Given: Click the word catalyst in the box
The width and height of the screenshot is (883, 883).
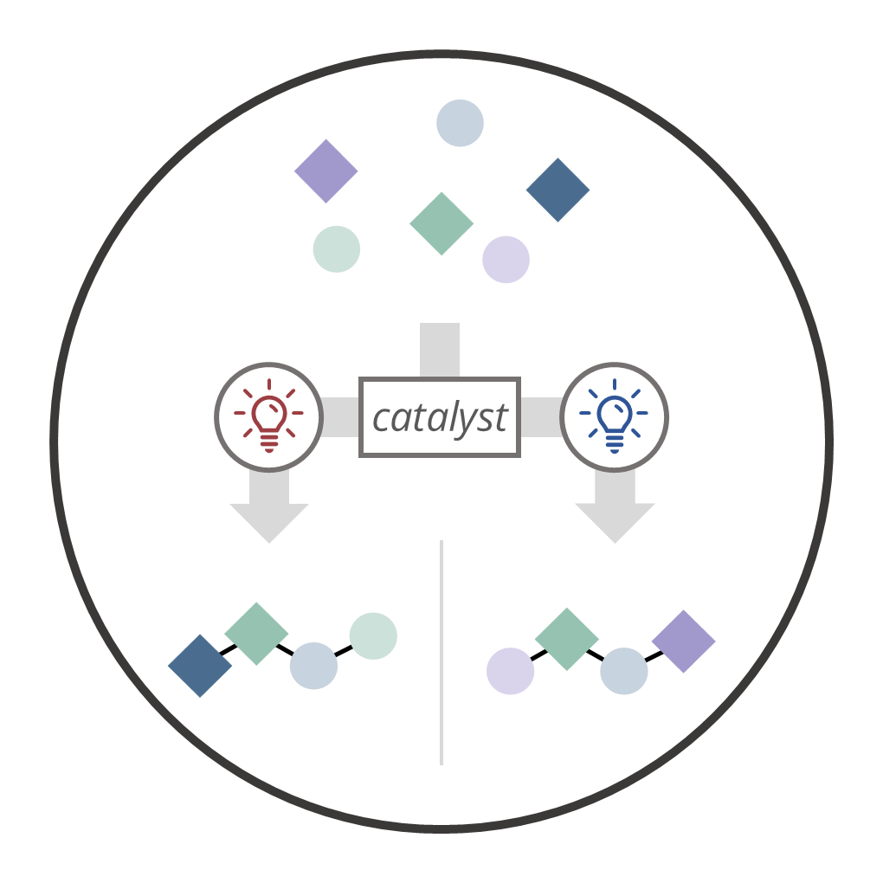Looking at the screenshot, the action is [x=439, y=418].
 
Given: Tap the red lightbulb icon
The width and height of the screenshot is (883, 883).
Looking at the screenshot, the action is [x=268, y=416].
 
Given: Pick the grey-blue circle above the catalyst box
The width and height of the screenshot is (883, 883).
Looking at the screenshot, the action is [x=460, y=123].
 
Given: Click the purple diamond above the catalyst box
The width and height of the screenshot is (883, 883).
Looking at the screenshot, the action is [x=326, y=171].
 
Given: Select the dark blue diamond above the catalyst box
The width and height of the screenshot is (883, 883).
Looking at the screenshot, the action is [x=558, y=190].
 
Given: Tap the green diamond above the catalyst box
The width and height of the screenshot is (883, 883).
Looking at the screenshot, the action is [x=441, y=223].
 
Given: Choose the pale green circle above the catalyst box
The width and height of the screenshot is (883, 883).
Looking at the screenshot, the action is [x=337, y=249].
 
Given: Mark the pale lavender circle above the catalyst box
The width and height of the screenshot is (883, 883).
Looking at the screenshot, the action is [x=506, y=259].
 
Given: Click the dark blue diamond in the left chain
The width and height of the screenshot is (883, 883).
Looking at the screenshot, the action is [x=200, y=665].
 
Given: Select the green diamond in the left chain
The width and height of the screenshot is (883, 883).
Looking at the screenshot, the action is [x=256, y=634].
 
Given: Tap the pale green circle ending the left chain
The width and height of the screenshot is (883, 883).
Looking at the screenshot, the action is [x=373, y=635].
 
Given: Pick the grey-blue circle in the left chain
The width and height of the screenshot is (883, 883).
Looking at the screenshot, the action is [x=313, y=666].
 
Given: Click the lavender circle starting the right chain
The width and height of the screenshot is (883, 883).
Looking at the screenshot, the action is [x=511, y=671].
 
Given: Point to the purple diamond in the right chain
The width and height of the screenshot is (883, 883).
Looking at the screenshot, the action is [x=683, y=641].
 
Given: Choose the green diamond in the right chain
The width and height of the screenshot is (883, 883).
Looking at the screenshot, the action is [x=566, y=639].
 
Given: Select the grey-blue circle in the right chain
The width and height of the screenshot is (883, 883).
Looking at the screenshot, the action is [x=624, y=671].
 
